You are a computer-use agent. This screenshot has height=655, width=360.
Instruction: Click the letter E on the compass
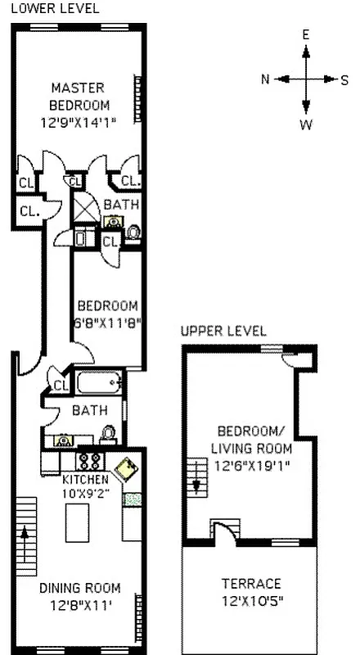(x=305, y=34)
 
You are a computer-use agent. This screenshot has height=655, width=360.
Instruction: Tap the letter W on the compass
(x=305, y=125)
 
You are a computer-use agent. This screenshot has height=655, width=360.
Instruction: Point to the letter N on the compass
(x=265, y=79)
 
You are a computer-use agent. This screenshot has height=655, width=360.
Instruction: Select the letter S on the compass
(x=344, y=79)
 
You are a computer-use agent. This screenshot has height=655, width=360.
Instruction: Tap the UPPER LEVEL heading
(x=223, y=331)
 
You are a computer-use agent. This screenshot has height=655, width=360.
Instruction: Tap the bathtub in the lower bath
(x=98, y=383)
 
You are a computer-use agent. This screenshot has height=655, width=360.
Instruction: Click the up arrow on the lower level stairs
(x=25, y=536)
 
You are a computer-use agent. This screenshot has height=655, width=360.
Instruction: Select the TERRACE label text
(x=251, y=584)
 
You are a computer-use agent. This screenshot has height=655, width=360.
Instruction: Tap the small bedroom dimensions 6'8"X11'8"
(x=107, y=322)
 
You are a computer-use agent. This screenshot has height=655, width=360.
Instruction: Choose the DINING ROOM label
(x=79, y=588)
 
